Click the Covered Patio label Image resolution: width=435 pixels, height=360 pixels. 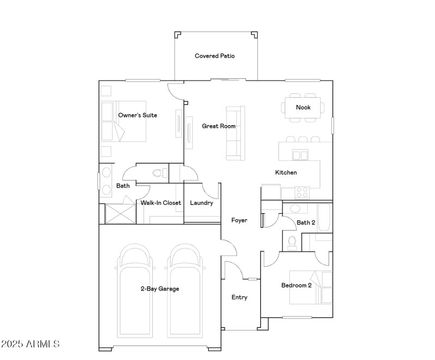pyautogui.click(x=215, y=56)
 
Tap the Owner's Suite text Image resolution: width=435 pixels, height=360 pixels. pyautogui.click(x=138, y=115)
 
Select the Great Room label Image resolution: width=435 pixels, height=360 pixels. pyautogui.click(x=219, y=126)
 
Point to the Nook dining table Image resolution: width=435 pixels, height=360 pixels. pyautogui.click(x=303, y=107)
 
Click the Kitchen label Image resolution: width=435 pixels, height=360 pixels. pyautogui.click(x=285, y=172)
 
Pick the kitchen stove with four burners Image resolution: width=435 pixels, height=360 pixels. pyautogui.click(x=302, y=191)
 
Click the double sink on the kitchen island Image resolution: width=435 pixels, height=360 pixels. pyautogui.click(x=300, y=156)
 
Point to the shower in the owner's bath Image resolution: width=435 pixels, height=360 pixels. pyautogui.click(x=120, y=213)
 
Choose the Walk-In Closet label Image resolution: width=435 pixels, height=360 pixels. pyautogui.click(x=160, y=203)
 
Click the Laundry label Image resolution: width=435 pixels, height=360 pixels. pyautogui.click(x=201, y=203)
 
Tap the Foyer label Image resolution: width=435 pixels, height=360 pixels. pyautogui.click(x=239, y=220)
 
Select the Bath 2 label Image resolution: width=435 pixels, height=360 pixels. pyautogui.click(x=306, y=222)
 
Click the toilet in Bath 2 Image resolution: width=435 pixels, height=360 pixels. pyautogui.click(x=292, y=242)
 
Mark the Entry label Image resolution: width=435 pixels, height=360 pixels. pyautogui.click(x=239, y=297)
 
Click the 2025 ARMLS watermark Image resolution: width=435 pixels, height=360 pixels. pyautogui.click(x=30, y=344)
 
